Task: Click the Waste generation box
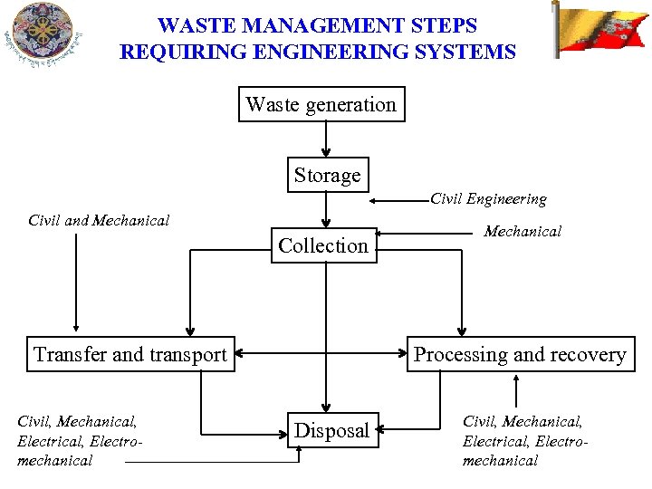(321, 104)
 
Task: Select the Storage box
(327, 175)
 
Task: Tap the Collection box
(323, 245)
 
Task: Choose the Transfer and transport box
(129, 354)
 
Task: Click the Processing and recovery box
(520, 354)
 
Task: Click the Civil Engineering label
(488, 198)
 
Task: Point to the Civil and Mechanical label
(99, 220)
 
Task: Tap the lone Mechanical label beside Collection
(523, 232)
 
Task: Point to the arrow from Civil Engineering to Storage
(400, 200)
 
